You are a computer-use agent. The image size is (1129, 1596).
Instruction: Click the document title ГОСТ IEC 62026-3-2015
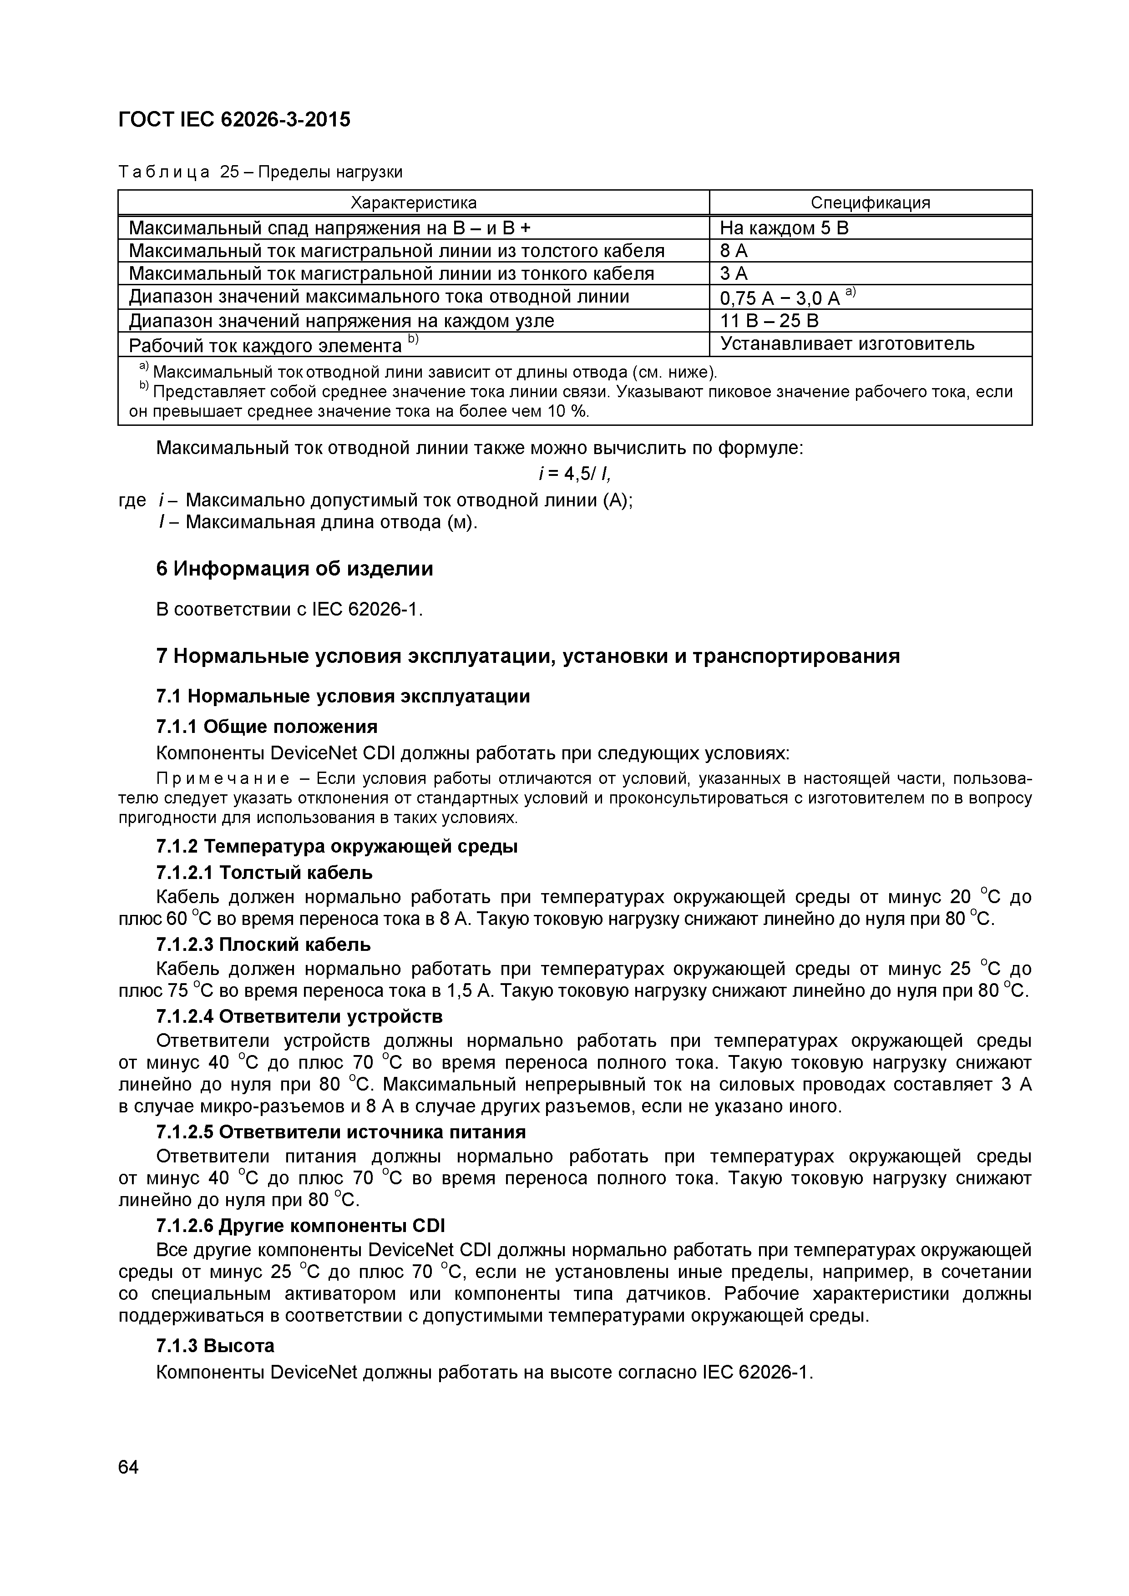(x=234, y=120)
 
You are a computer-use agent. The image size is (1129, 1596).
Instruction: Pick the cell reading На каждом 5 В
(x=784, y=228)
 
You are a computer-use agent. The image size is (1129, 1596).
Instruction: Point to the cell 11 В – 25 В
(x=769, y=320)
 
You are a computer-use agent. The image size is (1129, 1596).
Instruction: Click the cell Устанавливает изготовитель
(x=847, y=343)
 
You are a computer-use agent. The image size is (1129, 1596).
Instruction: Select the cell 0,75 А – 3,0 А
(x=780, y=298)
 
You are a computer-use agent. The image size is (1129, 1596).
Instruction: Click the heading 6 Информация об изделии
(x=294, y=569)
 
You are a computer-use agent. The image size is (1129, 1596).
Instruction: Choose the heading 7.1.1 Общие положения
(x=267, y=727)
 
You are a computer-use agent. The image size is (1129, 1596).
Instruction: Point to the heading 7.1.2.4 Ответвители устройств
(x=299, y=1016)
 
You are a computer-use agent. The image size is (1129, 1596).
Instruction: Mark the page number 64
(x=129, y=1467)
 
